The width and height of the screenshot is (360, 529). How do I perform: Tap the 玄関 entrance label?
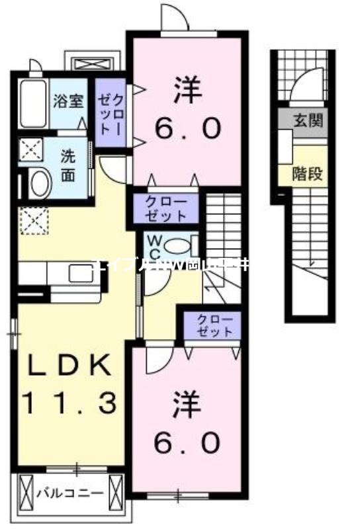click(x=308, y=120)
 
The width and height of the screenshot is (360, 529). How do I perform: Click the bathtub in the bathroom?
click(x=31, y=103)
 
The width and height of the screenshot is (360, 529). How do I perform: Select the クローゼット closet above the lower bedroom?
click(x=213, y=325)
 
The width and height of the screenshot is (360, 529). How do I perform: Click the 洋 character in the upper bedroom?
click(x=187, y=93)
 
